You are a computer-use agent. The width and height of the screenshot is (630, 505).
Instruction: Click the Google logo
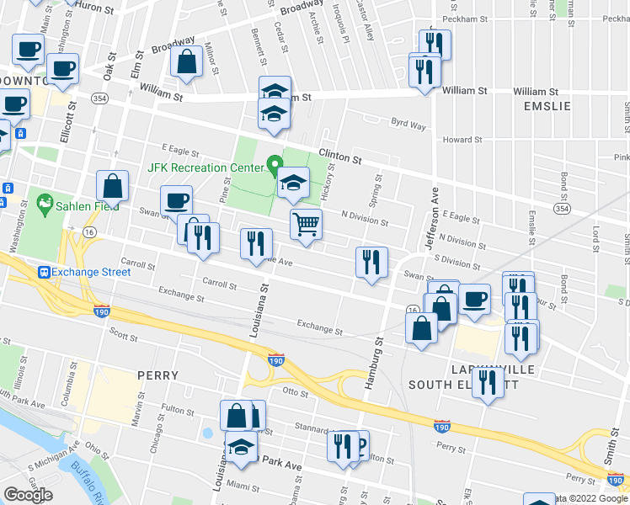pyautogui.click(x=28, y=494)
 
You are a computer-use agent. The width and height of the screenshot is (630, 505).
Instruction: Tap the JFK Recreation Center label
pyautogui.click(x=206, y=167)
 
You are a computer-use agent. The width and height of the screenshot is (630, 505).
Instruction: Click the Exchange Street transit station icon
pyautogui.click(x=44, y=272)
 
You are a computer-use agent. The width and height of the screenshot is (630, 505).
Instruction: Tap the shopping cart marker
pyautogui.click(x=307, y=225)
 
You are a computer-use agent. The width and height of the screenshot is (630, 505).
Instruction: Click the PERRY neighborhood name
pyautogui.click(x=158, y=375)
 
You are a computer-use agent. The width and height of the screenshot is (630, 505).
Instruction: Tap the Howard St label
pyautogui.click(x=464, y=140)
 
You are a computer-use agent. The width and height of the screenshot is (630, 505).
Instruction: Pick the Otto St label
pyautogui.click(x=296, y=391)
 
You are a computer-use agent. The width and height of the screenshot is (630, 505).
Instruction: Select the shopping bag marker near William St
pyautogui.click(x=185, y=63)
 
